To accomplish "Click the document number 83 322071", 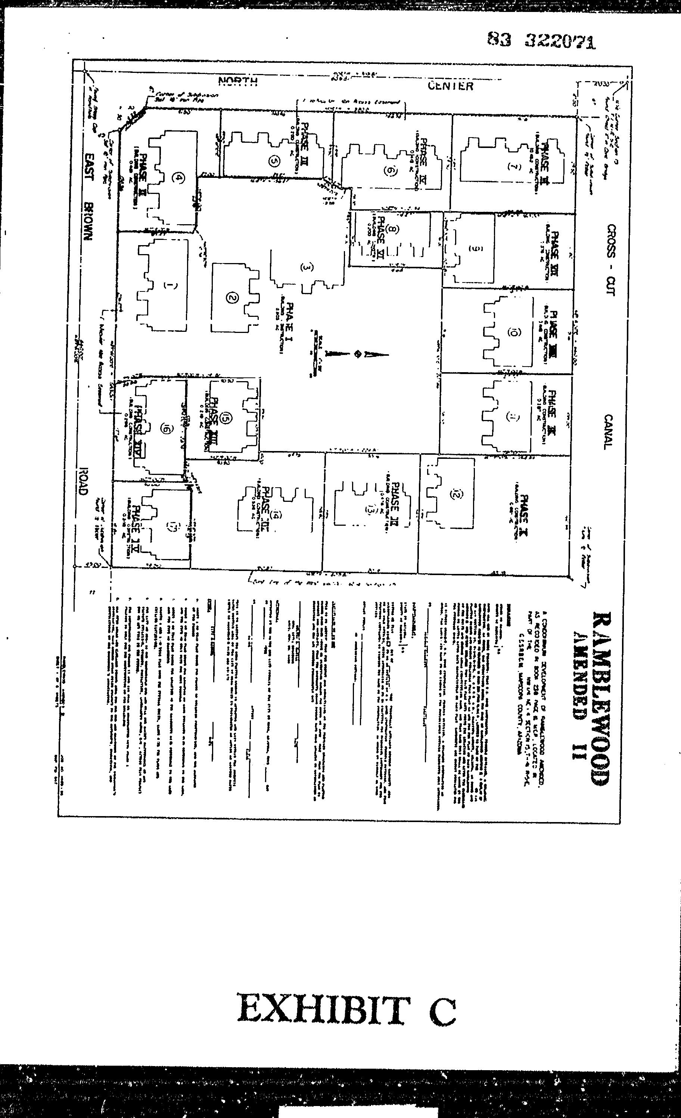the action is tap(541, 41).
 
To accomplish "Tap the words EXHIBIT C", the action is tap(346, 1010).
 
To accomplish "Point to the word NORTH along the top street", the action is tap(238, 82).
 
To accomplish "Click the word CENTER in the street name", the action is tap(451, 86).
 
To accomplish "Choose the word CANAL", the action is tap(608, 432).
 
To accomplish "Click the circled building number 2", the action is tap(232, 298).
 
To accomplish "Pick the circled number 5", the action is tap(273, 161).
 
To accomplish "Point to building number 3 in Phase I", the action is tap(307, 267).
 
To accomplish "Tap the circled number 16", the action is tap(167, 428).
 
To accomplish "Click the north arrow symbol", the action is tap(358, 353).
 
